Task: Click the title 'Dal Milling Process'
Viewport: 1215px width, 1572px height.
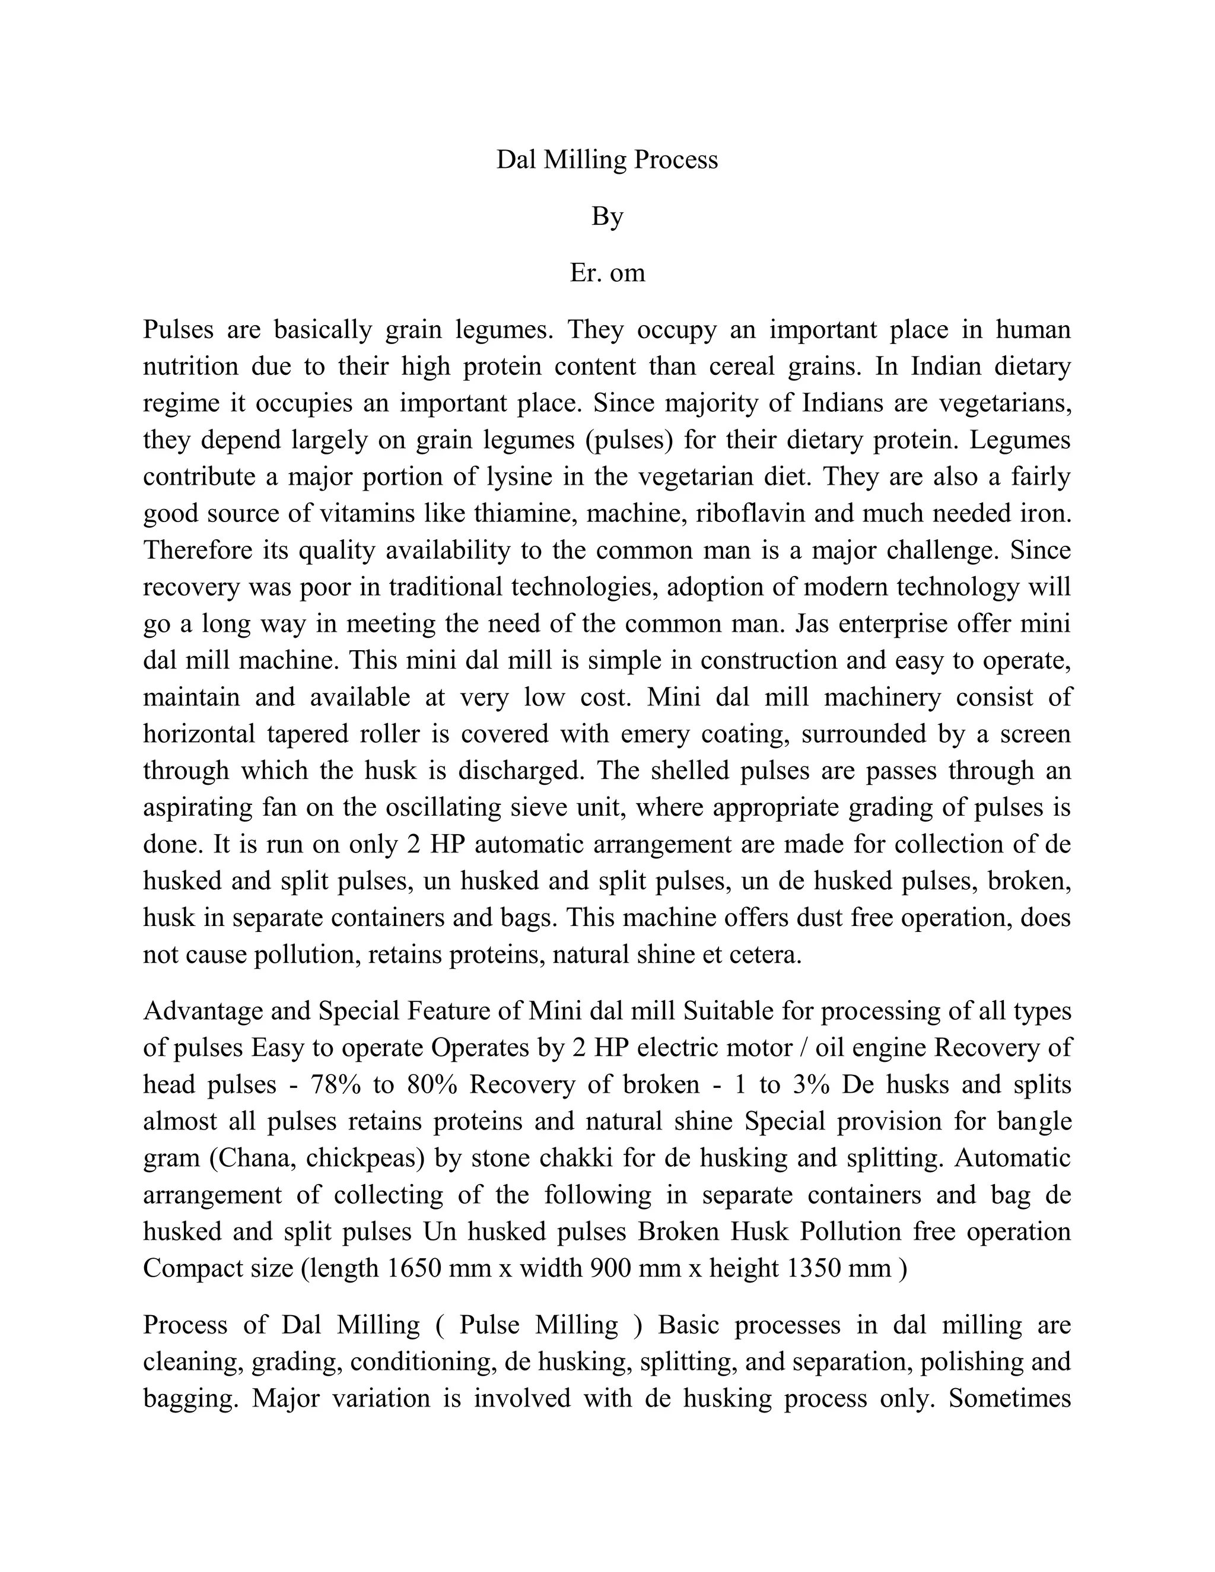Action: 607,160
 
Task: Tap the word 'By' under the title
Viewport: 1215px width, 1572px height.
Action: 607,217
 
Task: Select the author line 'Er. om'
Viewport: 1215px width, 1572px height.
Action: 607,273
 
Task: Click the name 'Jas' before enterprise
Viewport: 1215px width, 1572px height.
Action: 813,623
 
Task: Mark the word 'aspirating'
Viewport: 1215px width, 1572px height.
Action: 198,807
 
